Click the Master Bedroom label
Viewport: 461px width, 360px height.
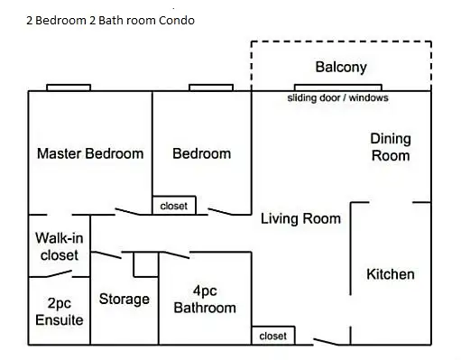point(90,153)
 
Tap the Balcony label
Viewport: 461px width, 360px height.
point(341,67)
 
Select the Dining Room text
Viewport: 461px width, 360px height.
point(391,147)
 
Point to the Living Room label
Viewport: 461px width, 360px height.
point(300,218)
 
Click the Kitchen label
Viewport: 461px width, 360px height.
point(391,274)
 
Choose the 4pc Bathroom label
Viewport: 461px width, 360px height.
point(205,300)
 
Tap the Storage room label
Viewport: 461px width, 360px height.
point(124,300)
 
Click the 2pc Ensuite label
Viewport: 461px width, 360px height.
point(60,311)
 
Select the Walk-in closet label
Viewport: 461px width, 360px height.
point(60,246)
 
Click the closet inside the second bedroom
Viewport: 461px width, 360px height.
point(174,206)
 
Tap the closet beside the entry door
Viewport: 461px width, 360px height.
point(273,336)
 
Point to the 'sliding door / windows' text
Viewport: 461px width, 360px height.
point(337,98)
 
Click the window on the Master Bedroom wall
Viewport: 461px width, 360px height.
point(69,88)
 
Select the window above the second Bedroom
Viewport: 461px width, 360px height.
point(211,88)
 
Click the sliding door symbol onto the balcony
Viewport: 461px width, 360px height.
point(338,88)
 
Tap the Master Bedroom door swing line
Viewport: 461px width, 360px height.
point(127,212)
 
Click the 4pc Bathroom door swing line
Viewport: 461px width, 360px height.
point(177,255)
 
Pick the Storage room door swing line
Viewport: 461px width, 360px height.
point(106,255)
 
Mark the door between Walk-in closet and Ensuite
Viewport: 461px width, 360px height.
point(59,273)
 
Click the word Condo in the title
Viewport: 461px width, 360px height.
point(177,21)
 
